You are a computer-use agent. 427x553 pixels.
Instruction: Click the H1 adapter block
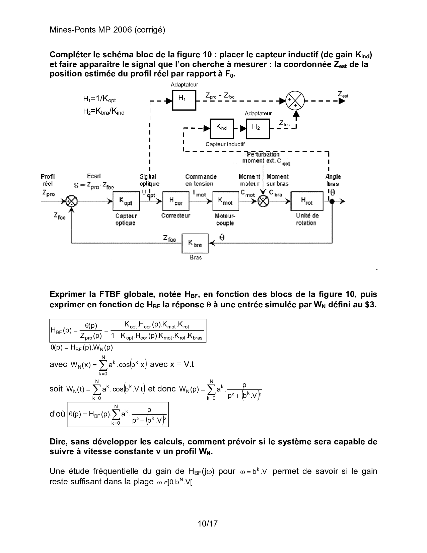pyautogui.click(x=184, y=100)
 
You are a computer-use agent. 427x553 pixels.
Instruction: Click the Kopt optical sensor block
pyautogui.click(x=126, y=201)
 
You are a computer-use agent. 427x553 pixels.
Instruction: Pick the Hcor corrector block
pyautogui.click(x=176, y=201)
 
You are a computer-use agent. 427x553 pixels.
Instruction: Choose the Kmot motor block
pyautogui.click(x=226, y=201)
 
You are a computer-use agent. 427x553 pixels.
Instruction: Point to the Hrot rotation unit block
pyautogui.click(x=307, y=201)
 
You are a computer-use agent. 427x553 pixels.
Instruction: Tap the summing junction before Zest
pyautogui.click(x=295, y=100)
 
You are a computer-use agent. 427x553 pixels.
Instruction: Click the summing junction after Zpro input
pyautogui.click(x=71, y=201)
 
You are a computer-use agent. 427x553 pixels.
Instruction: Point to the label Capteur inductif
pyautogui.click(x=225, y=144)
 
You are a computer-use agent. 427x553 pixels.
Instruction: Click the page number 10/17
pyautogui.click(x=208, y=523)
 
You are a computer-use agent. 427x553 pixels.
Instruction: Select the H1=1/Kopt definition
pyautogui.click(x=99, y=99)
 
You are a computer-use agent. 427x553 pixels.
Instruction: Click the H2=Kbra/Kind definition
pyautogui.click(x=104, y=112)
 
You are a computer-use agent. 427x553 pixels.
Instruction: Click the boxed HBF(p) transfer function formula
pyautogui.click(x=128, y=330)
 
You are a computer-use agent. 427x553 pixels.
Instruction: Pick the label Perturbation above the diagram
pyautogui.click(x=263, y=155)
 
